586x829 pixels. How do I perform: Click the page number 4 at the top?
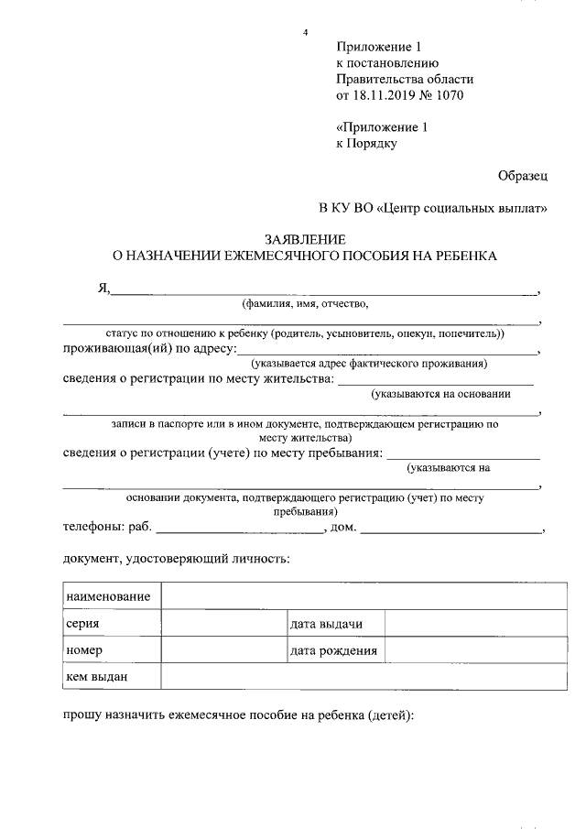[305, 34]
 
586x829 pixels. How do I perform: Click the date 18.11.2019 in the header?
[384, 94]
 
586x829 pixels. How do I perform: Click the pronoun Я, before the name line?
[103, 289]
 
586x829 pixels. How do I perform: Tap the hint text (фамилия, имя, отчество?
[304, 304]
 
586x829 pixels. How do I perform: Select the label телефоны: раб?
[106, 528]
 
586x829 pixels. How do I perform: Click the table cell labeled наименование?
[108, 597]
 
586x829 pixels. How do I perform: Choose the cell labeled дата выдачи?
[327, 624]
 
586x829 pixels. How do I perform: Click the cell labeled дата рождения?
[333, 650]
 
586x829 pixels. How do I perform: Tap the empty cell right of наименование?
[363, 597]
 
